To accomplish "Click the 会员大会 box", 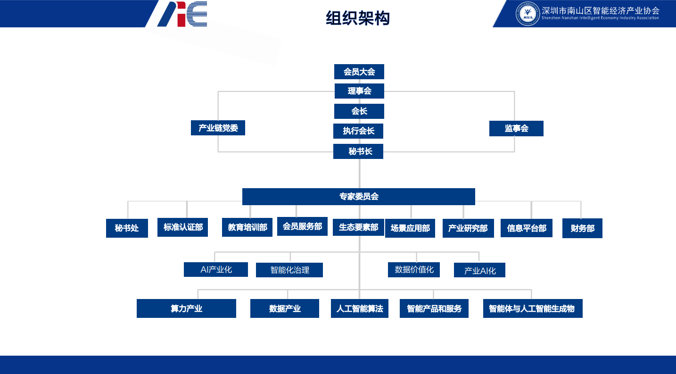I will tap(359, 72).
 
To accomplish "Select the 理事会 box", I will tap(359, 91).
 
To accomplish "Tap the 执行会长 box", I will tap(358, 131).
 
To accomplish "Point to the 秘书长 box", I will tap(358, 151).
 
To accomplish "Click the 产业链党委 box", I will tap(218, 128).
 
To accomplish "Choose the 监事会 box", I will tap(516, 128).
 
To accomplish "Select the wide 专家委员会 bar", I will tap(358, 197).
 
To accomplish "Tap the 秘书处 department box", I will tap(127, 228).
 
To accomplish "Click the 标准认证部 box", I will tap(182, 227).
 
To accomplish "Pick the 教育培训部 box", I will tap(247, 227).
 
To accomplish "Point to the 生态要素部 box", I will tap(358, 227).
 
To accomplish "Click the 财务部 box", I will tap(582, 228).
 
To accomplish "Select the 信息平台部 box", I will tap(526, 228).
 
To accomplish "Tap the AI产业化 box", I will tap(216, 269).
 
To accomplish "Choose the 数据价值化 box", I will tap(414, 269).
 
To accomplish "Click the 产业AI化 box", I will tap(479, 270).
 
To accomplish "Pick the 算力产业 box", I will tap(186, 308).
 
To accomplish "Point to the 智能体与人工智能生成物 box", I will tap(533, 308).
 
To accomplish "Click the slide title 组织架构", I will tap(358, 18).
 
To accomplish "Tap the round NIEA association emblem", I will tap(528, 14).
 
